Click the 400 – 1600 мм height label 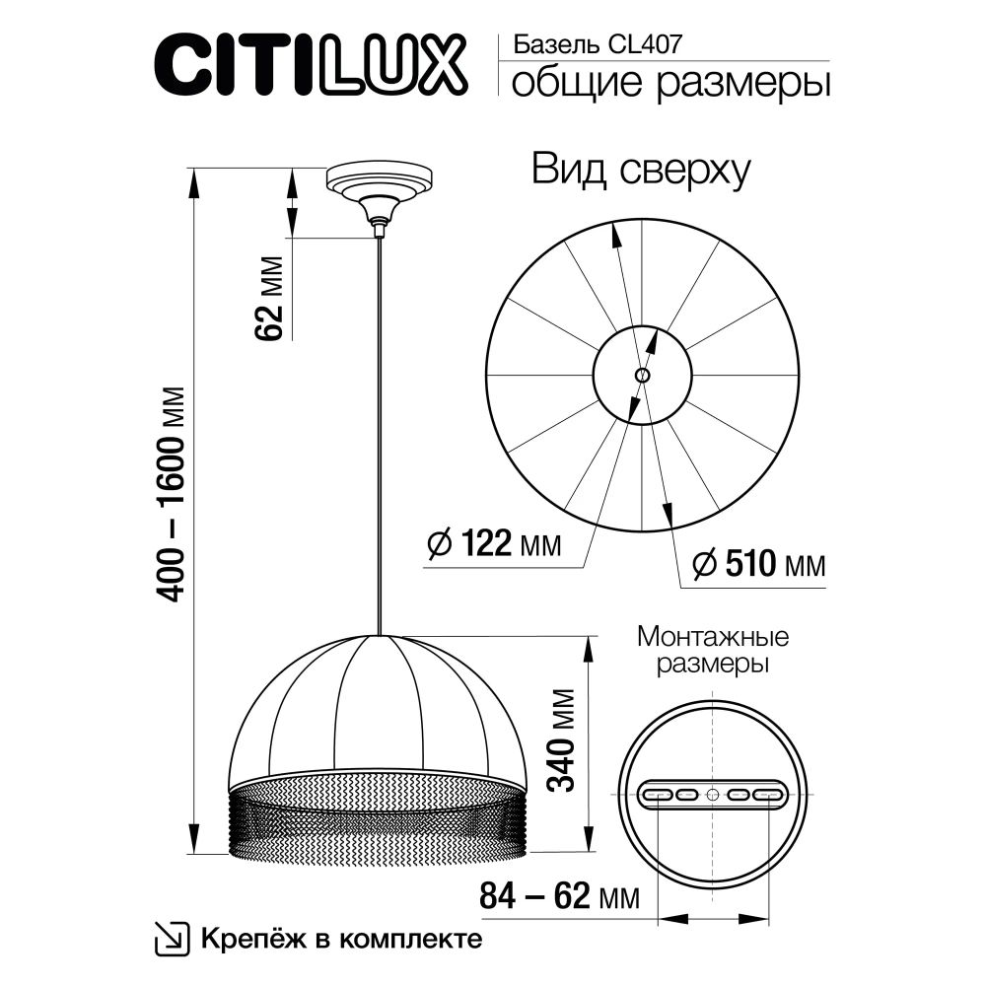point(173,490)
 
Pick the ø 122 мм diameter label point(495,543)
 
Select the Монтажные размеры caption point(714,650)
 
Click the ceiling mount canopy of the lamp point(378,185)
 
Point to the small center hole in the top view point(642,375)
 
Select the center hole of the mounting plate point(713,795)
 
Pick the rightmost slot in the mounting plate point(769,795)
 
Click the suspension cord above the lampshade point(378,434)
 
